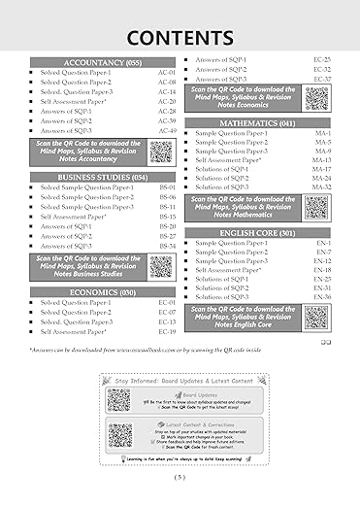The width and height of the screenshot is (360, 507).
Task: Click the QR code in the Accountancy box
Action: point(161,152)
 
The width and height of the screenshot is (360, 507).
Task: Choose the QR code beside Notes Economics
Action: point(315,98)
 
